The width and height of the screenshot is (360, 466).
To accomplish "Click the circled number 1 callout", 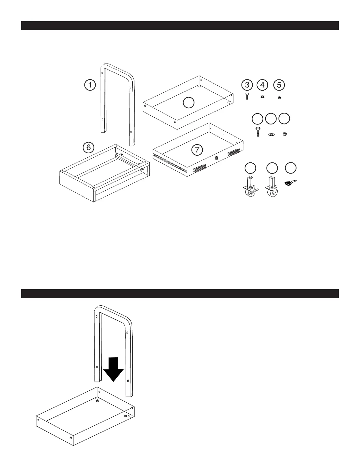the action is pos(90,85).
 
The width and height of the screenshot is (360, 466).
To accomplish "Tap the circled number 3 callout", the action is pos(247,85).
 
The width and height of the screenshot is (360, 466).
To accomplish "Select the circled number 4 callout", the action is pos(262,85).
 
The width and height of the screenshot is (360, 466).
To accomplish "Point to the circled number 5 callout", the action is pos(279,85).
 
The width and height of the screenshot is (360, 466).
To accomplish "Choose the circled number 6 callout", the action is pos(89,147).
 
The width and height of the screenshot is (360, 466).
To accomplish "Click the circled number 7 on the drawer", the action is pos(197,150).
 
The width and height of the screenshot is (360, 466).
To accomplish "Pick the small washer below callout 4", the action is pos(263,96).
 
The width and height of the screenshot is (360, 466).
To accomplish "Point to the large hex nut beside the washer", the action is pos(284,134).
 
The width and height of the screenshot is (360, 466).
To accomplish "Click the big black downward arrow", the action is pos(114,369).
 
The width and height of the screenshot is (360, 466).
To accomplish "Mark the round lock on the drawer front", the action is pos(216,158).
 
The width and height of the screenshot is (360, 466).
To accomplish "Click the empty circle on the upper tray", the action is pos(189,103).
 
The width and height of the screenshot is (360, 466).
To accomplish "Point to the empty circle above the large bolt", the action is pos(258,118).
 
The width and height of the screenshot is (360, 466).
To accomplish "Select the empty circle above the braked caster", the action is pos(250,168).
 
